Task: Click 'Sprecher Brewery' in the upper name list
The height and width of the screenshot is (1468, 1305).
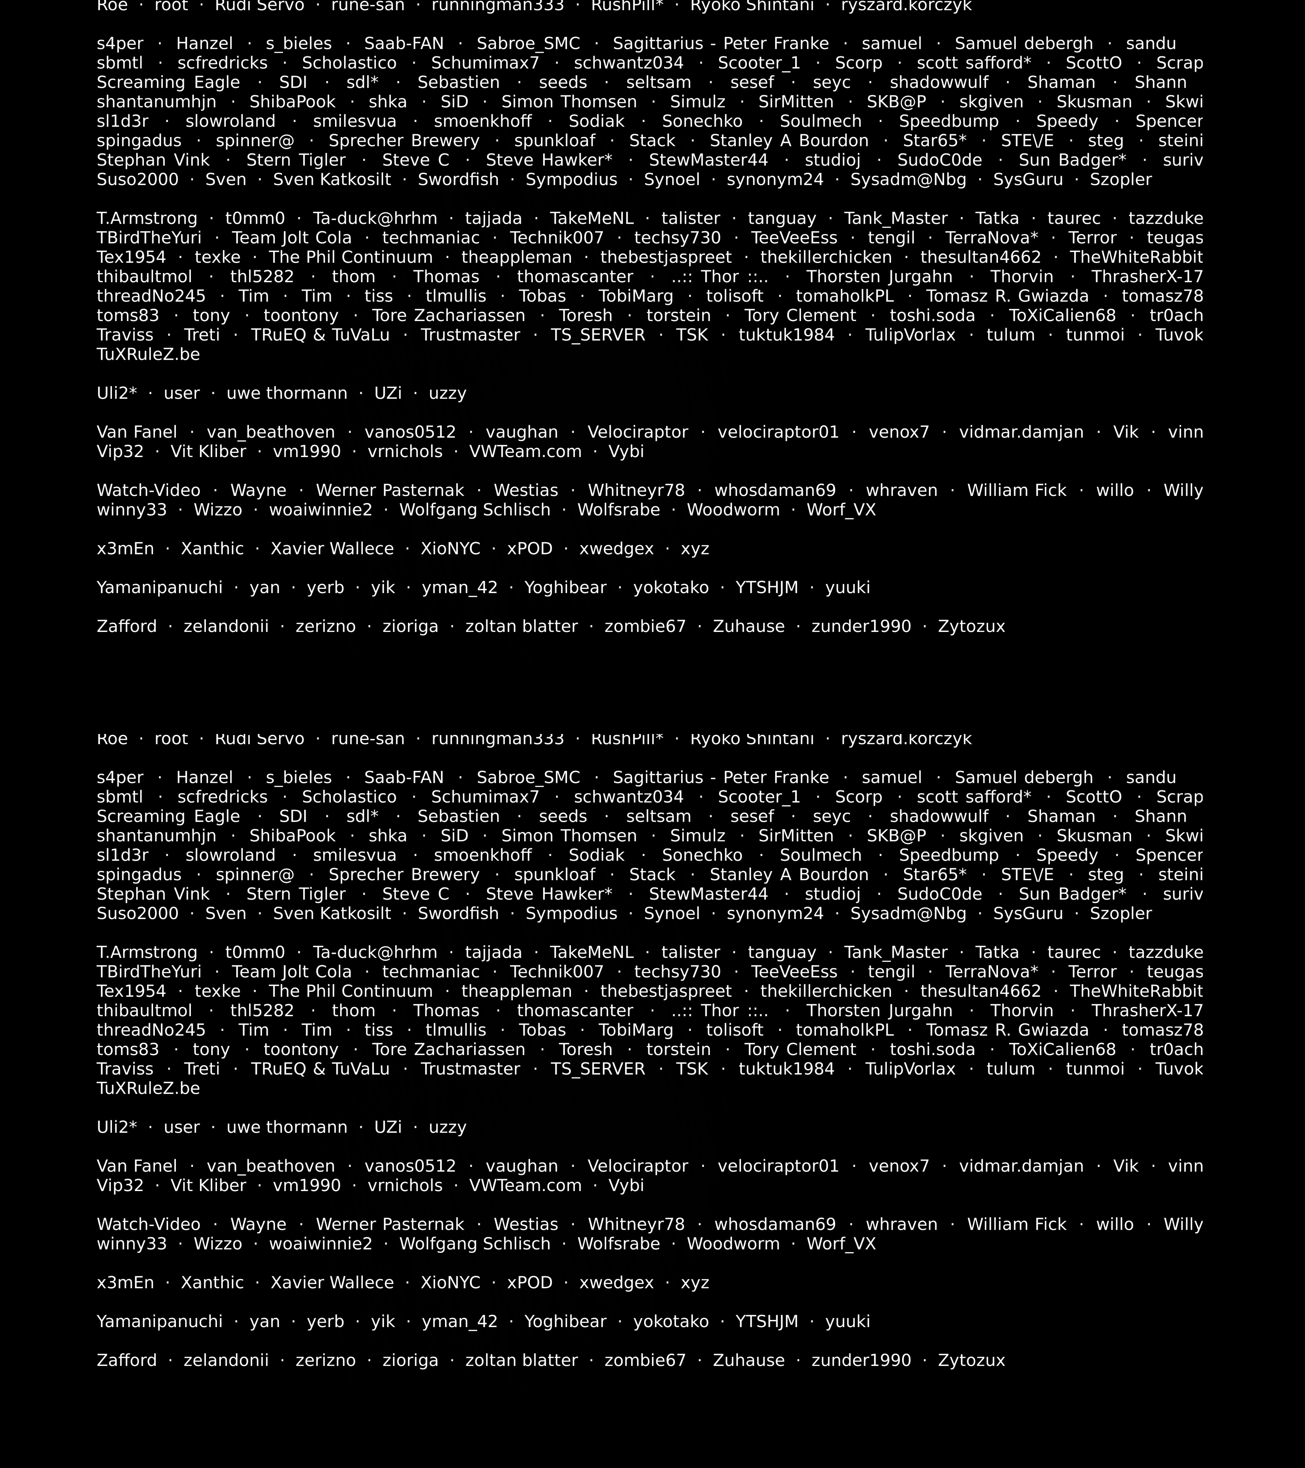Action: point(404,141)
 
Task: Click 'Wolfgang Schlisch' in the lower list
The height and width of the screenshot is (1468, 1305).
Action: point(475,1244)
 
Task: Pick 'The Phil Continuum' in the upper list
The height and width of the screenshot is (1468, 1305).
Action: point(350,258)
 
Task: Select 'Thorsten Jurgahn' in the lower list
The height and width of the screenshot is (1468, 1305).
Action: point(879,1011)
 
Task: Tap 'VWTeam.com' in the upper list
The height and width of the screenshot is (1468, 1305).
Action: point(525,452)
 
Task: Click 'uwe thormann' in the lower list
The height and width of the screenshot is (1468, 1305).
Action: point(286,1127)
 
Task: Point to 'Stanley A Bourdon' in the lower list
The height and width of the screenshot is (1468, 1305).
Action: point(789,875)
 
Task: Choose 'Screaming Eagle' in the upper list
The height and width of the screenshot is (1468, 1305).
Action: point(168,83)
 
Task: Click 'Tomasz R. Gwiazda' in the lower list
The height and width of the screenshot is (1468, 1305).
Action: point(1007,1030)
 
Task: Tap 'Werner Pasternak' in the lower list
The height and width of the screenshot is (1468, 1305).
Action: point(390,1225)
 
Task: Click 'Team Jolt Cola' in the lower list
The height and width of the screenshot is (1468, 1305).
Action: point(292,972)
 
